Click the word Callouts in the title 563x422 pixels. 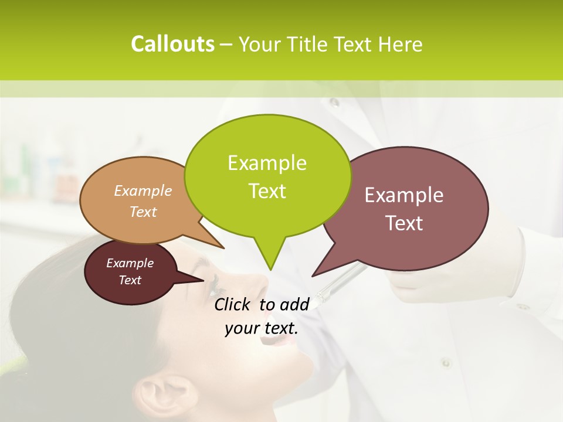click(172, 44)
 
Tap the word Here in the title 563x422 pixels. click(401, 44)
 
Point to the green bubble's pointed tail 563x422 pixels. click(270, 258)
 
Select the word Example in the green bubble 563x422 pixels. click(267, 163)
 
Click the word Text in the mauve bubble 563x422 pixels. click(405, 223)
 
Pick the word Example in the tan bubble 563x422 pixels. click(143, 190)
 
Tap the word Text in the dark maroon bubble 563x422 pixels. click(130, 280)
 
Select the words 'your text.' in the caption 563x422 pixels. click(262, 328)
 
